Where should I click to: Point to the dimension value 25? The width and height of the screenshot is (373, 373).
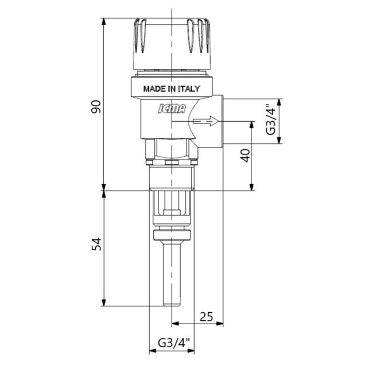tap(206, 316)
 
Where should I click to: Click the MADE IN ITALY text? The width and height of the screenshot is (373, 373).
tap(171, 88)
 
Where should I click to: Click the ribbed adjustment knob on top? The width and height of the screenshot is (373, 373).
tap(171, 43)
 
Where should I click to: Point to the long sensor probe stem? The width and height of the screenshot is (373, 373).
tap(171, 275)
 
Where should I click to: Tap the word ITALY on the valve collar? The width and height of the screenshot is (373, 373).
tap(189, 88)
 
